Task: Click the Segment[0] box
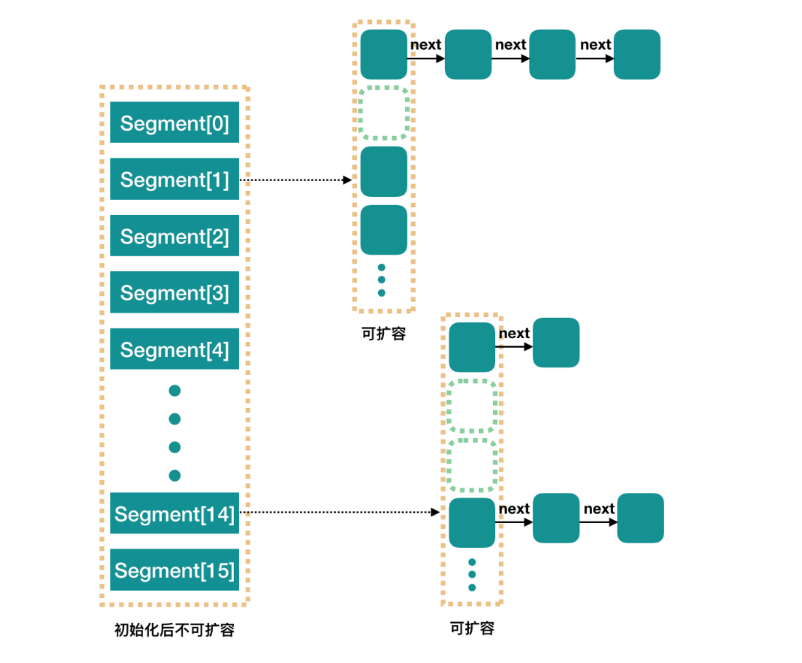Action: tap(174, 122)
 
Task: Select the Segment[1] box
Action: tap(174, 179)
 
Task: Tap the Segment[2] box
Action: tap(174, 236)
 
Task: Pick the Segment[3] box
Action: tap(174, 292)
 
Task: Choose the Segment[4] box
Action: tap(174, 349)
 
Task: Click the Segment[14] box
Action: tap(174, 513)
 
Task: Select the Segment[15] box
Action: tap(174, 570)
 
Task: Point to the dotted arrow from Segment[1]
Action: tap(296, 180)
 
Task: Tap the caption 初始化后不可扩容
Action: tap(174, 630)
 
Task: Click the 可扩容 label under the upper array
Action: tap(384, 334)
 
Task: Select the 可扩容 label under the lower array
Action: tap(472, 628)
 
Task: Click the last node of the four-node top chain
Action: tap(637, 54)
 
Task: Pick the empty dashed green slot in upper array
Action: tap(384, 113)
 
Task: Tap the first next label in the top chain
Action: tap(426, 45)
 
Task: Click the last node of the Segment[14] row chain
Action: tap(640, 518)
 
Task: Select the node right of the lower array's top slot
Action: tap(556, 343)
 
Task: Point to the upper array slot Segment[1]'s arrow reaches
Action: tap(384, 172)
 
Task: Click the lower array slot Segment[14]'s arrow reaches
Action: tap(472, 523)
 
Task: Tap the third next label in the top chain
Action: tap(595, 45)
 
